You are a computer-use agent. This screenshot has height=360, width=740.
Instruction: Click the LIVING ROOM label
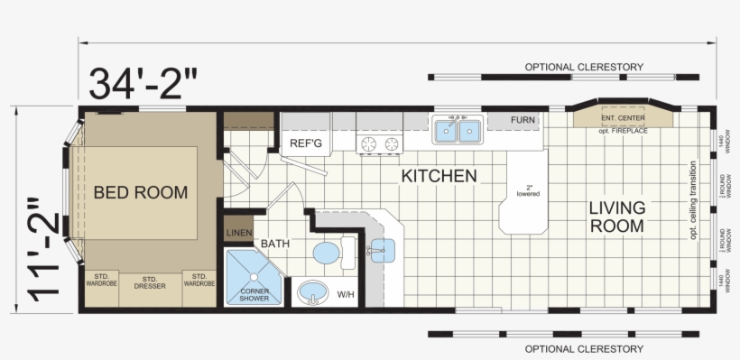(617, 217)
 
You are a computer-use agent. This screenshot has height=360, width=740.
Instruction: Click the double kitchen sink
(458, 132)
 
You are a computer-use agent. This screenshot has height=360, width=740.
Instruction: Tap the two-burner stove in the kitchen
(380, 143)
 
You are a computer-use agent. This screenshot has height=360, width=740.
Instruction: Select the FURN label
(523, 120)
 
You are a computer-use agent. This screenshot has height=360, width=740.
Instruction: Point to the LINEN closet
(238, 232)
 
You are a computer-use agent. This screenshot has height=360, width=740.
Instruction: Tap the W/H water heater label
(346, 294)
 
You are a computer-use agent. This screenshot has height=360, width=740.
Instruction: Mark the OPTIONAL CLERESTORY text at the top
(584, 67)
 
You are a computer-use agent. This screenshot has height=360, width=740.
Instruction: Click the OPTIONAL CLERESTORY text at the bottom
(584, 348)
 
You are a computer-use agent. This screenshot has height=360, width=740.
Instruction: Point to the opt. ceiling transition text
(693, 200)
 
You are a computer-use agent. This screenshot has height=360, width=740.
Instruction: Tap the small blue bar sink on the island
(382, 249)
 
